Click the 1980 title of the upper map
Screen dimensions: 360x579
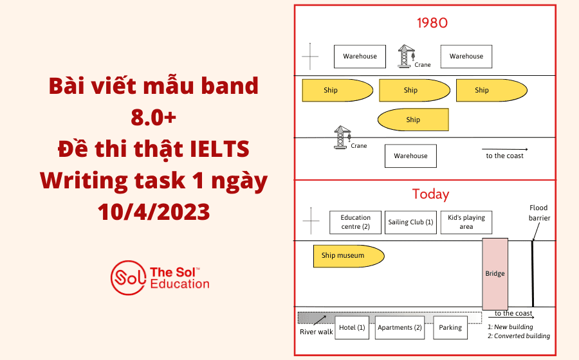click(432, 23)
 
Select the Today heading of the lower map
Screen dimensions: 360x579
click(430, 194)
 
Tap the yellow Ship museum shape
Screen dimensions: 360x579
click(348, 256)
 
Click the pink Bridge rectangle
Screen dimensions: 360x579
click(495, 273)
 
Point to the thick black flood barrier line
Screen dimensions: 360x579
click(533, 273)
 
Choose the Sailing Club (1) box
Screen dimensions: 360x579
click(411, 222)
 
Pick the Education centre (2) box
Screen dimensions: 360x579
click(356, 222)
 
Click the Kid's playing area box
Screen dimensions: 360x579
click(466, 222)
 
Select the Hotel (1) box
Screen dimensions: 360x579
click(353, 327)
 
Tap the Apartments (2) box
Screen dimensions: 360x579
click(400, 327)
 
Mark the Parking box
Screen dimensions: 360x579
click(450, 327)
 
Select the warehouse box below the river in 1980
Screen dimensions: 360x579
click(410, 156)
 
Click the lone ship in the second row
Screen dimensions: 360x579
click(412, 120)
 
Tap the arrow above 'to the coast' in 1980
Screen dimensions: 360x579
click(505, 148)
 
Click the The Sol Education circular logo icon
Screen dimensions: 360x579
click(127, 277)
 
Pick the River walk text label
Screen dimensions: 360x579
click(317, 332)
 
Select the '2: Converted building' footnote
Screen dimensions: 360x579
click(519, 336)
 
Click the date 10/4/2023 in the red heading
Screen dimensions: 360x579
click(154, 211)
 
